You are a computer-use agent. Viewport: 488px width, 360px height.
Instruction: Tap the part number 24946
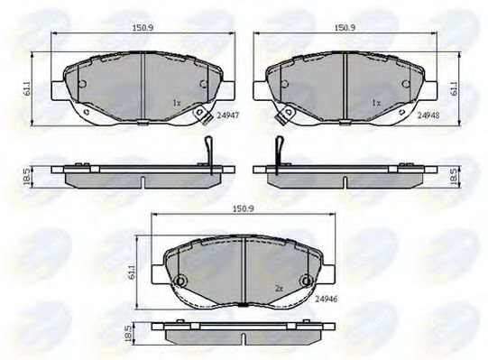point(328,299)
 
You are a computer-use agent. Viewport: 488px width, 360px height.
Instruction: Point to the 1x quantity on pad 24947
point(177,103)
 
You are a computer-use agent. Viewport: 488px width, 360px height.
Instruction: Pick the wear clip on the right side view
point(279,150)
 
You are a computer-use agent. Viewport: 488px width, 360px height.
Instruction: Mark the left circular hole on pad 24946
point(180,281)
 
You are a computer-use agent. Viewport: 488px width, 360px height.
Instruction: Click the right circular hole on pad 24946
point(308,281)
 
